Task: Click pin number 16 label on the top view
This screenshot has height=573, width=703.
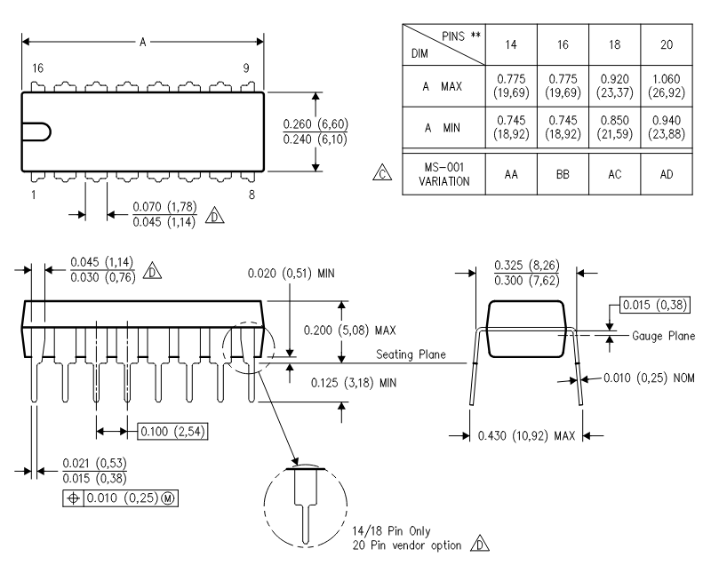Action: [x=37, y=68]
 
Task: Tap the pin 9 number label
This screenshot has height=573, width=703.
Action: [x=246, y=68]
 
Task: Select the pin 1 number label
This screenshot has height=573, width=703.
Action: [x=34, y=195]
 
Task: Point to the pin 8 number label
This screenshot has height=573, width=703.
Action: [x=252, y=195]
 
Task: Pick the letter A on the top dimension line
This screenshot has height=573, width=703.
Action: [x=142, y=42]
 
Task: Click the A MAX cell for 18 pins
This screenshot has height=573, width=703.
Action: [x=614, y=86]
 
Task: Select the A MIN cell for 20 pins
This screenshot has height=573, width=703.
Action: [x=667, y=127]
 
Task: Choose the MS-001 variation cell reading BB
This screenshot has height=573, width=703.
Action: [x=563, y=174]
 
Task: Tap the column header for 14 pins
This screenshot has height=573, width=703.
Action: [x=511, y=44]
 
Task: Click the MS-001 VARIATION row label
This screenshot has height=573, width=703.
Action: [x=443, y=174]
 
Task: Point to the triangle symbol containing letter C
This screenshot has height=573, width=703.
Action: [x=382, y=173]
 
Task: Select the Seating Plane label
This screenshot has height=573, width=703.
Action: [x=411, y=354]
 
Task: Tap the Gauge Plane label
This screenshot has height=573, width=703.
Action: [x=663, y=336]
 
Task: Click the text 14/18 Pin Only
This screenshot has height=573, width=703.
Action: [x=391, y=531]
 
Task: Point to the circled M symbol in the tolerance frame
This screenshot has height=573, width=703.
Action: [x=168, y=498]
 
